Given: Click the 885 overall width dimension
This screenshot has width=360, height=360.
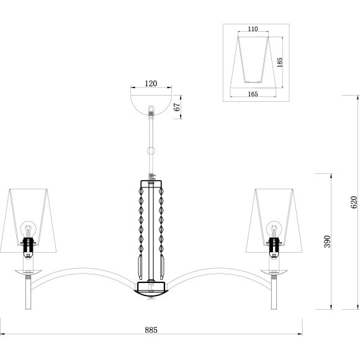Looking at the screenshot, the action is (x=151, y=330).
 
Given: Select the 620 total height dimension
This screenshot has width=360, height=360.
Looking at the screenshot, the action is (x=354, y=202).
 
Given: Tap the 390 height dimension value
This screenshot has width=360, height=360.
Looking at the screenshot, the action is (x=327, y=241).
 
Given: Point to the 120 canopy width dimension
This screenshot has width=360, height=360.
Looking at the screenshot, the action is (x=151, y=84).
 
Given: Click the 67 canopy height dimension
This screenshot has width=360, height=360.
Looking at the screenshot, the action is (x=177, y=107).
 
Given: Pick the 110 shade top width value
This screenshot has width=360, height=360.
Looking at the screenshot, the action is (x=253, y=29).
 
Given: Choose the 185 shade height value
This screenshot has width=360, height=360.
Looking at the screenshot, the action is (x=279, y=63).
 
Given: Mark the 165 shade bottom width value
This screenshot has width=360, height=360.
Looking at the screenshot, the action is (x=253, y=94).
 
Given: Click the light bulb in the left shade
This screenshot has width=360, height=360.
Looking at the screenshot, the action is (x=28, y=229).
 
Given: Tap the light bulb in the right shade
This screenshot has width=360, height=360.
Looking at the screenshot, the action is (x=274, y=229).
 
